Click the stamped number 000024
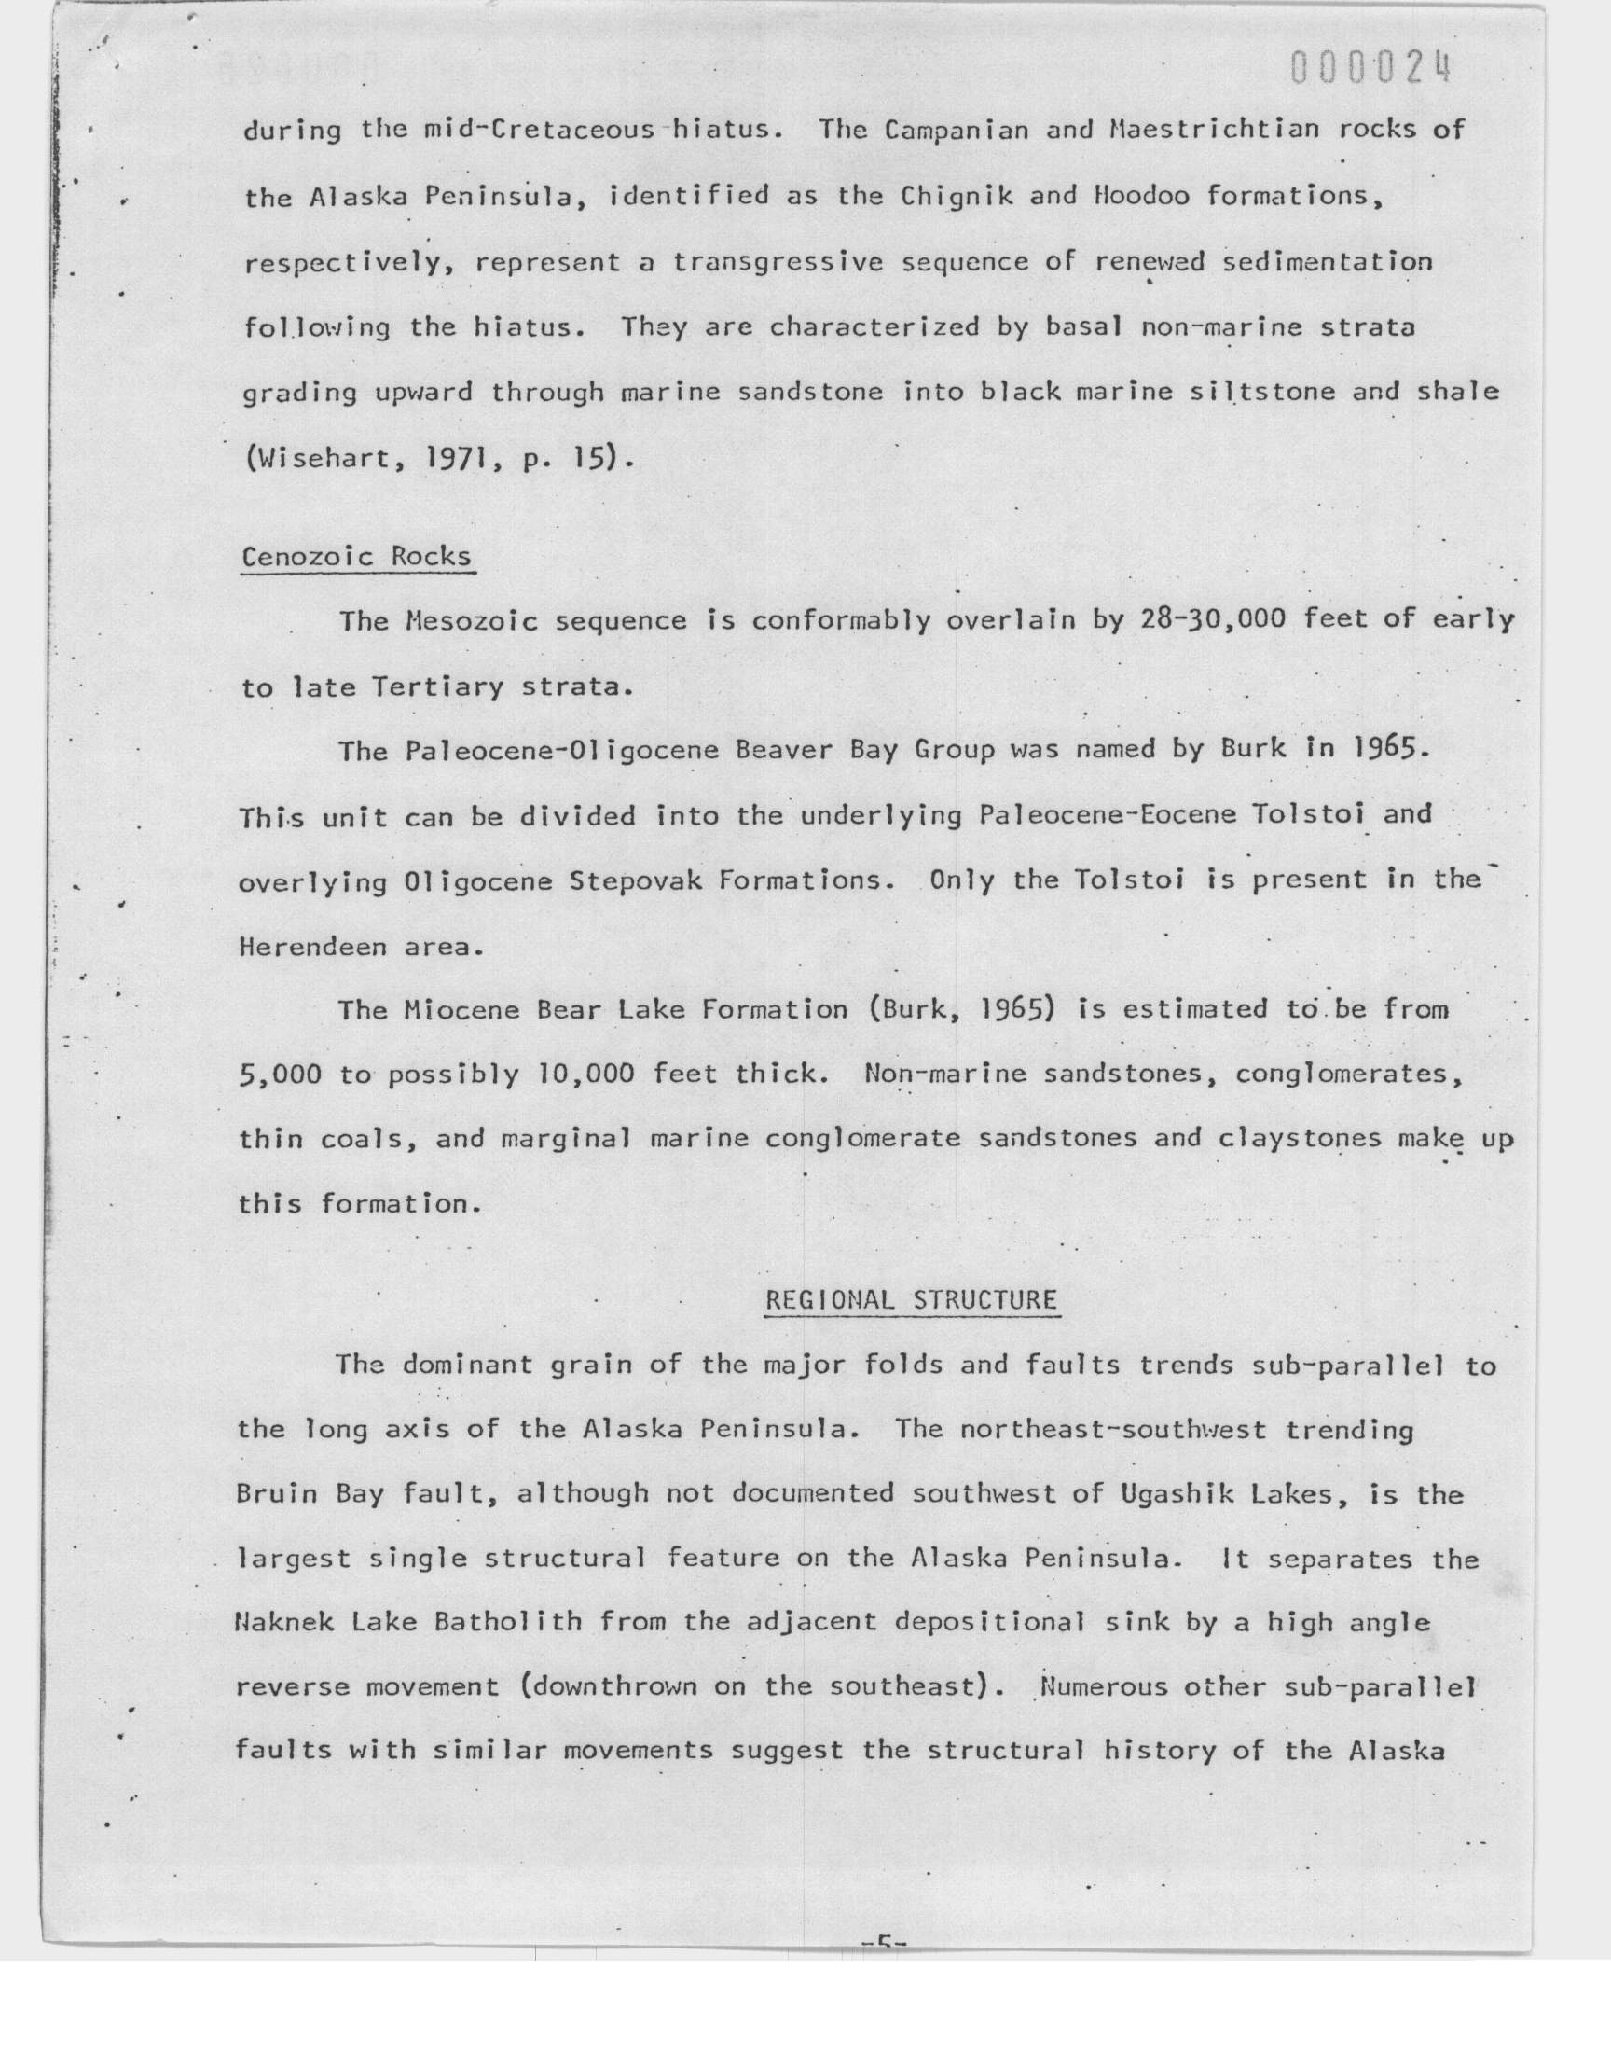(1370, 69)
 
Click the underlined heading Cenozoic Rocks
(356, 557)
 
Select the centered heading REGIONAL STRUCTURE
(911, 1300)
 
